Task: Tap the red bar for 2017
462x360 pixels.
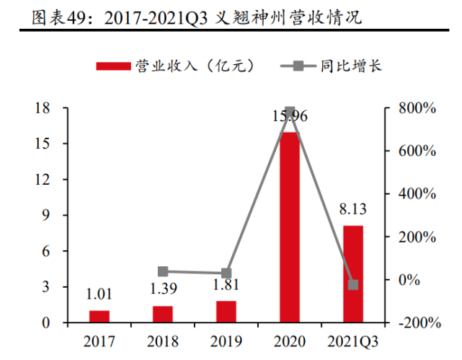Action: pyautogui.click(x=99, y=317)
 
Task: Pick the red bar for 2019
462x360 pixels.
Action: pyautogui.click(x=226, y=312)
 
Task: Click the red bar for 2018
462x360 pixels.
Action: pyautogui.click(x=163, y=314)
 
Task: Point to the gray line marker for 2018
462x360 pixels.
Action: pyautogui.click(x=163, y=271)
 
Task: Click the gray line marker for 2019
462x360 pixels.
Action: pyautogui.click(x=226, y=273)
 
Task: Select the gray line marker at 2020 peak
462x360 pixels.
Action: pyautogui.click(x=289, y=112)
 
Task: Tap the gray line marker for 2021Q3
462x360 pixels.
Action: pyautogui.click(x=352, y=284)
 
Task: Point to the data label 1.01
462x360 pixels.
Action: pyautogui.click(x=99, y=295)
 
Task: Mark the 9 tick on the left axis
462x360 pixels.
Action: pyautogui.click(x=46, y=215)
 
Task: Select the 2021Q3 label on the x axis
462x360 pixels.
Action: pyautogui.click(x=352, y=340)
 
